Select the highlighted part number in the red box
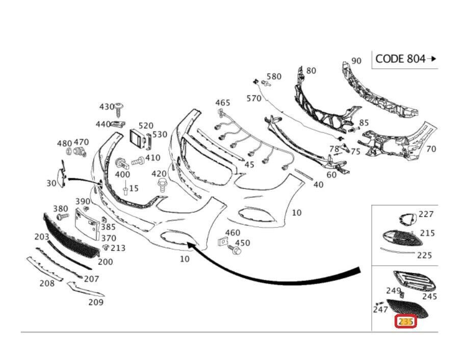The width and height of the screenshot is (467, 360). coord(406,322)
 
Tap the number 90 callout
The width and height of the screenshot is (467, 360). coord(356,61)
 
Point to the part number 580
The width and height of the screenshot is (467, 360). coord(274,76)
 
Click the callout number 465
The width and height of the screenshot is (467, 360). coord(223,102)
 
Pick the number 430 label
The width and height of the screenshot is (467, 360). coord(107,107)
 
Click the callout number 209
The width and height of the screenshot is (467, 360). coord(96,302)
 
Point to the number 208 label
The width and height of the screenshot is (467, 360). coord(47,283)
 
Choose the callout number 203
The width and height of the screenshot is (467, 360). coord(42,237)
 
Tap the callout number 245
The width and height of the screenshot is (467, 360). coord(430,296)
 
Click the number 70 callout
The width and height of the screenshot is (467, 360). coord(431,149)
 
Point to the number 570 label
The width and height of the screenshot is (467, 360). coord(254,98)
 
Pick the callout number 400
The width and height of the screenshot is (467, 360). coord(122,174)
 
